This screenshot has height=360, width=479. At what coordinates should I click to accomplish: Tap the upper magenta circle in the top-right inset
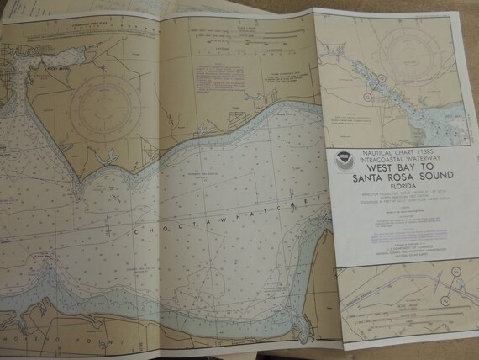pyautogui.click(x=381, y=78)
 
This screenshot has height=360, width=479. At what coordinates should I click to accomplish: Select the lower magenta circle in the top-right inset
pyautogui.click(x=367, y=95)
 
